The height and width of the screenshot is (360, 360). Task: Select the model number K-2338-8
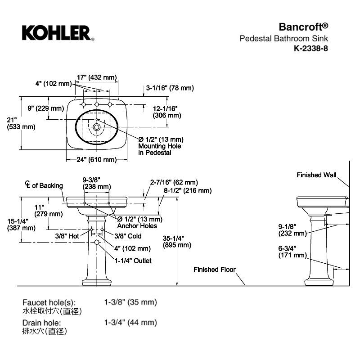point(311,49)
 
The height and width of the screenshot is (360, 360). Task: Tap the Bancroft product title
point(303,27)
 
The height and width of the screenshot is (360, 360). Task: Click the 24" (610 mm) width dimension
point(97,160)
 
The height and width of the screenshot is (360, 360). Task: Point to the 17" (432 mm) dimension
point(97,77)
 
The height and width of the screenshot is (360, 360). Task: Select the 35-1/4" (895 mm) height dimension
point(177,242)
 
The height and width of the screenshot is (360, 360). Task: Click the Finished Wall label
point(316,175)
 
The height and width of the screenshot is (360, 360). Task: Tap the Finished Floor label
point(215,269)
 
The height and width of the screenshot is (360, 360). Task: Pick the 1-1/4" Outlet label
point(133,261)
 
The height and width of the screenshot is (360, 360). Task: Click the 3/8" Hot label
point(67,236)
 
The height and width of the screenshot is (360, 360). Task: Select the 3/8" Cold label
point(128,236)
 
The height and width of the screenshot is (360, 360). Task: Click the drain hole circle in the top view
point(97,127)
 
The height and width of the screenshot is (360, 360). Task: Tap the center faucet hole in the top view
point(97,105)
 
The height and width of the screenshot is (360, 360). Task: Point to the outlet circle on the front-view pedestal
point(97,242)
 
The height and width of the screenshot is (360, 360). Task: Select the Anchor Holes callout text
point(137,226)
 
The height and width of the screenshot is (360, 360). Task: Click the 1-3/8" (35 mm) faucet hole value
point(130,302)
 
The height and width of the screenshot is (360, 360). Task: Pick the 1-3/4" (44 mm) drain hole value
point(130,323)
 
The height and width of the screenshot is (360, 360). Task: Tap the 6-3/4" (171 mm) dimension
point(292,252)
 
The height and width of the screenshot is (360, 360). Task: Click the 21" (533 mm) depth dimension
point(21,123)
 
